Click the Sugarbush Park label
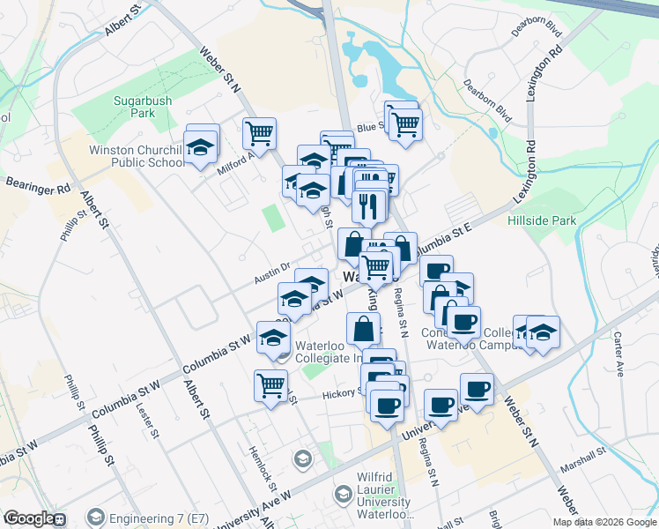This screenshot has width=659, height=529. [140, 107]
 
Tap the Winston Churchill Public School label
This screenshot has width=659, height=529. [137, 155]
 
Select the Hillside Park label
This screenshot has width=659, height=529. [538, 216]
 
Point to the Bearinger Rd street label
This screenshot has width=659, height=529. [37, 187]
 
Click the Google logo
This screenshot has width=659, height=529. [29, 518]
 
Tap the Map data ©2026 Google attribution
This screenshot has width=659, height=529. [604, 522]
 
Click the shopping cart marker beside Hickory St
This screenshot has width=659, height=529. [270, 384]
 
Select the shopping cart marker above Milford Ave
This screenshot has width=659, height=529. [259, 133]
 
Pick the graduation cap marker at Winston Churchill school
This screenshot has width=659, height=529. [201, 144]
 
